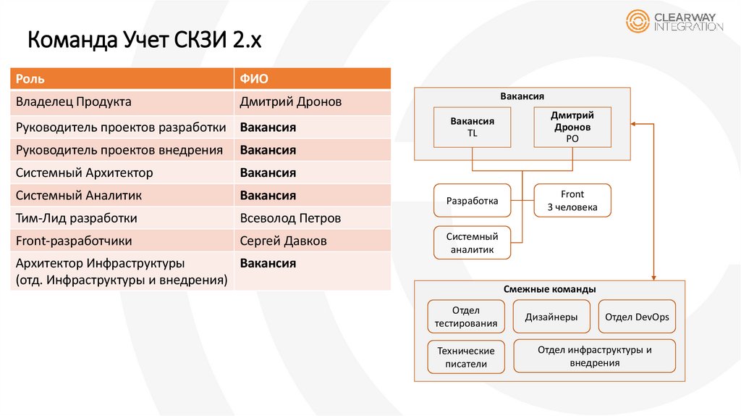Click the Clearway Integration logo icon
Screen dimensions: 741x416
click(638, 22)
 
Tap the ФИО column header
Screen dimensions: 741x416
click(253, 79)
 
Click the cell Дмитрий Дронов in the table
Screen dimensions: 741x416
click(290, 102)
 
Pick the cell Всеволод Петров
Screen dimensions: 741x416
click(290, 218)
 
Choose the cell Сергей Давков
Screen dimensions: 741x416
click(284, 241)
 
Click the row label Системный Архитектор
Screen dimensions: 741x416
click(84, 173)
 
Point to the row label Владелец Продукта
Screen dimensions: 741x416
click(73, 102)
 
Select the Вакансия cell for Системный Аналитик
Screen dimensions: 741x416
click(268, 196)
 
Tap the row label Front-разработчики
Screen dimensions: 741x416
click(74, 241)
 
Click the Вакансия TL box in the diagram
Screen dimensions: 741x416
click(473, 128)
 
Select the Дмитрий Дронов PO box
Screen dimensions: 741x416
click(572, 128)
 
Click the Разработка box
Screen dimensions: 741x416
click(472, 201)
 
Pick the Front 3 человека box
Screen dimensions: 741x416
click(572, 201)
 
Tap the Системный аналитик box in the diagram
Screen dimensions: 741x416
click(472, 243)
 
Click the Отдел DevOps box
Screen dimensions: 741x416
click(637, 317)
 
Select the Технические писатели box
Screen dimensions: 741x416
click(465, 357)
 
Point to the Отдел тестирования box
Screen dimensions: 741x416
click(465, 317)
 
